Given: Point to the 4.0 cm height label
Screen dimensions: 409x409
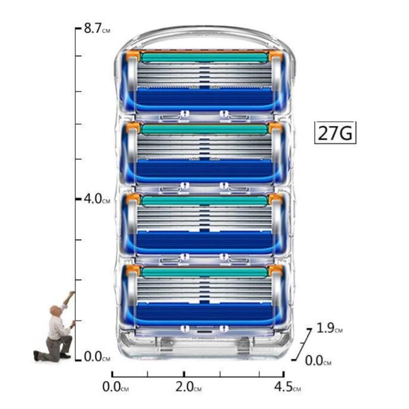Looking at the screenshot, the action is coord(97,199).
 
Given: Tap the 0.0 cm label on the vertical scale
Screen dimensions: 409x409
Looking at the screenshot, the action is coord(97,356).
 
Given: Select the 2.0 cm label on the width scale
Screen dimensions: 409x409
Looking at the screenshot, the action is coord(188,387).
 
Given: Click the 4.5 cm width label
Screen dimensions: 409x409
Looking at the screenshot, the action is coord(287,387).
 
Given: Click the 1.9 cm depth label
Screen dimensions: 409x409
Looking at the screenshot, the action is coord(329,328).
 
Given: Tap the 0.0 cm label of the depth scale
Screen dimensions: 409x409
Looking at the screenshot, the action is coord(318,361).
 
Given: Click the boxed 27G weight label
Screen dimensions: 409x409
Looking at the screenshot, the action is coord(335,133).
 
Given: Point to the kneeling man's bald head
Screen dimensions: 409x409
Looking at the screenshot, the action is coord(55,310).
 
